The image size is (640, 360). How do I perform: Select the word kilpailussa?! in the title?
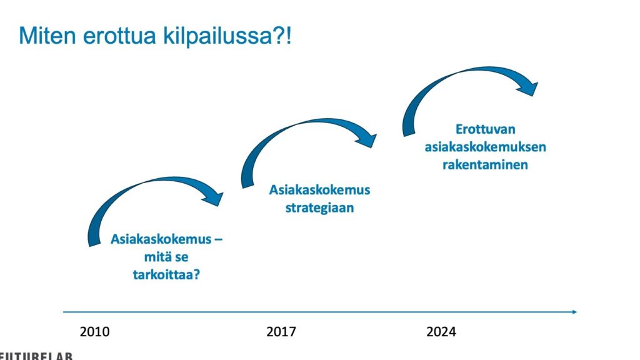pos(227,36)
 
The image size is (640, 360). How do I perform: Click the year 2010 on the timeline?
pos(95,331)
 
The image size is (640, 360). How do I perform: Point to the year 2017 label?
pos(281,331)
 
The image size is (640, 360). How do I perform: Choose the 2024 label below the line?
pos(441,331)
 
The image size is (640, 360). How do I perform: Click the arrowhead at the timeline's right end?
pos(575,312)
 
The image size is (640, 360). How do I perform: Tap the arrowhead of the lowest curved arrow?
pos(215,197)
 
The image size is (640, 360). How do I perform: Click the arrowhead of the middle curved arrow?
pos(367,139)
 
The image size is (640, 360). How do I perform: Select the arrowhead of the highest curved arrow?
pos(529,88)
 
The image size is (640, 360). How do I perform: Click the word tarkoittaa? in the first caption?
pos(166,274)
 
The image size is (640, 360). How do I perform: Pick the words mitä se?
pos(166,257)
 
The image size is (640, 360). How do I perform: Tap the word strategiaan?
pos(319,207)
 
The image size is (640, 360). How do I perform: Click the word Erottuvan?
pos(485,129)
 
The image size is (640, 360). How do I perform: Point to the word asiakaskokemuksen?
pos(485,147)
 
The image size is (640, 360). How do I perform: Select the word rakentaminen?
pos(485,164)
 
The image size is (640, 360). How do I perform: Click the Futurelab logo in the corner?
pos(36,356)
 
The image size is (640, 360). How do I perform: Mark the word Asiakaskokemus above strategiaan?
pos(319,190)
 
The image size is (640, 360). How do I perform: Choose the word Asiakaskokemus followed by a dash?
pos(161,239)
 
